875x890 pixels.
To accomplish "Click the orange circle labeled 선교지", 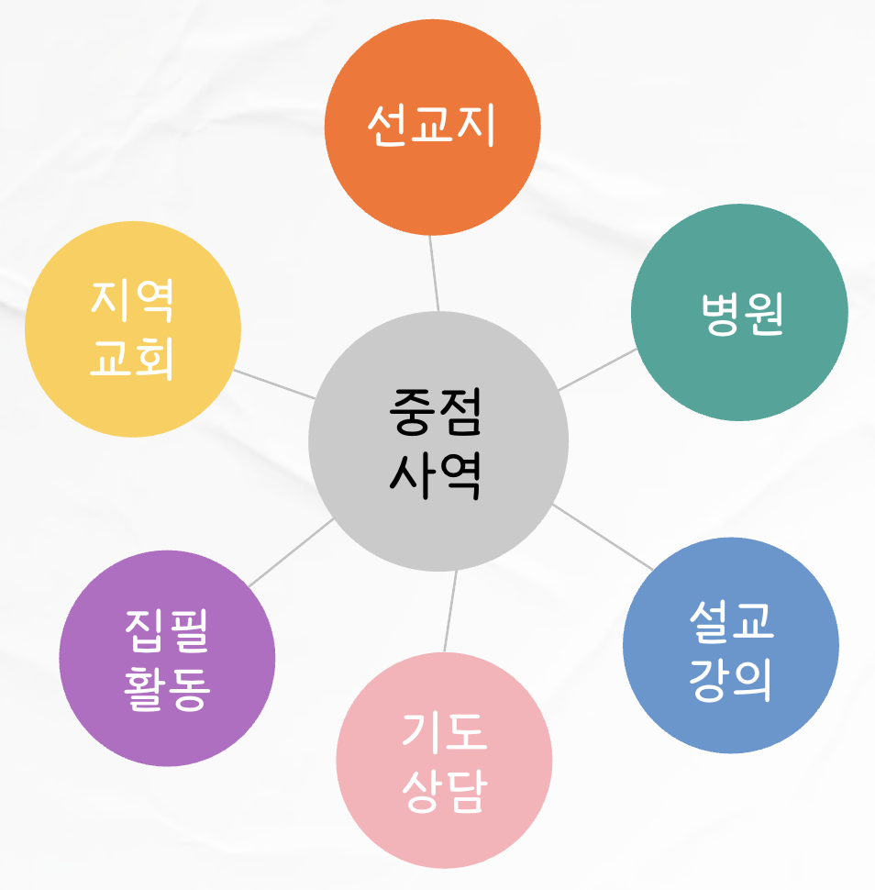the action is coord(432,128).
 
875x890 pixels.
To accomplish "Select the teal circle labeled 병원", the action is coord(739,313).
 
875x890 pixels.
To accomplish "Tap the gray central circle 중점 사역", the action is coord(438,441).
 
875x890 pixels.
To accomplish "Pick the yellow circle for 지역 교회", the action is coord(133,328).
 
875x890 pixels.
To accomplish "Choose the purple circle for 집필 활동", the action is coord(167,658).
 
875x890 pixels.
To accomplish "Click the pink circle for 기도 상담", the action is coord(444,760).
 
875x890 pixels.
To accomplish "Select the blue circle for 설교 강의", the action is coord(731,645).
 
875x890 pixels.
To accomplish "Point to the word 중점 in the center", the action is coord(435,413).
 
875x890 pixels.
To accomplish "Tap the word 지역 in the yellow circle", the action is coord(133,301).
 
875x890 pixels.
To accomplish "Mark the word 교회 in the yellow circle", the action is coord(133,358).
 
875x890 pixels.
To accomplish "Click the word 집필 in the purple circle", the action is coord(167,630).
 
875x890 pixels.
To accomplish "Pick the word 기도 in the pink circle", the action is coord(445,731).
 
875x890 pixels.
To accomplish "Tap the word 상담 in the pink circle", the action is coord(445,790).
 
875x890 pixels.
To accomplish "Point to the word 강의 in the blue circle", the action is coord(731,676).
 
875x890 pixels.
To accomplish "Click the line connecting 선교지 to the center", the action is coord(433,273).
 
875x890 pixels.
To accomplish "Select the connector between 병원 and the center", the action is coord(596,369).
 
